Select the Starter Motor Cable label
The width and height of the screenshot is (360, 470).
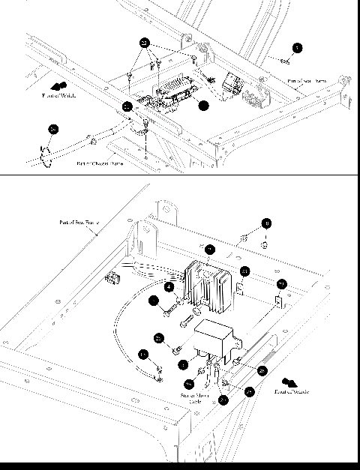click(x=194, y=397)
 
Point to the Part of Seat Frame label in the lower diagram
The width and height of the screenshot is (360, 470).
click(x=79, y=222)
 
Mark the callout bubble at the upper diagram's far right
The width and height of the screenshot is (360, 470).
click(x=298, y=48)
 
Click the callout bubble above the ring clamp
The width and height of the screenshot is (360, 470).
click(x=52, y=130)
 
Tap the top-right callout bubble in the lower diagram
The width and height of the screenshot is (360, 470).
click(x=267, y=223)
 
